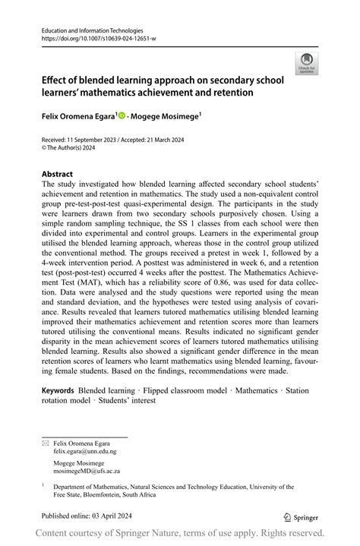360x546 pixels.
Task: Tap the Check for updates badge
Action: [306, 63]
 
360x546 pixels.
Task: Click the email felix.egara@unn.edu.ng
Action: [85, 450]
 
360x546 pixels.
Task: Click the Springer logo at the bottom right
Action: [301, 516]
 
